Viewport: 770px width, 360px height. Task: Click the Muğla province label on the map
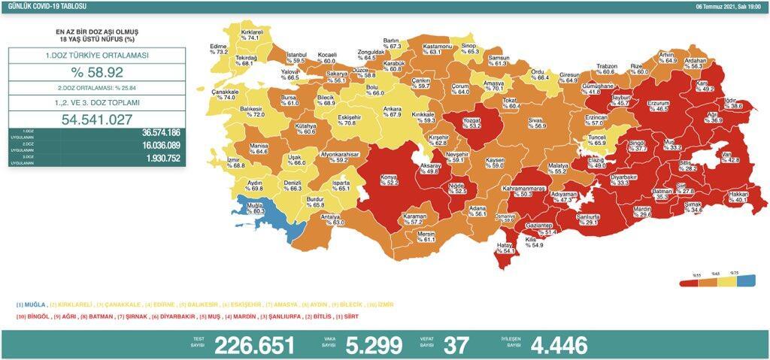[255, 208]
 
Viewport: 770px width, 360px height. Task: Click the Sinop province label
[468, 47]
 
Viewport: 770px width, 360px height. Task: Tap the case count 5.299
[371, 344]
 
